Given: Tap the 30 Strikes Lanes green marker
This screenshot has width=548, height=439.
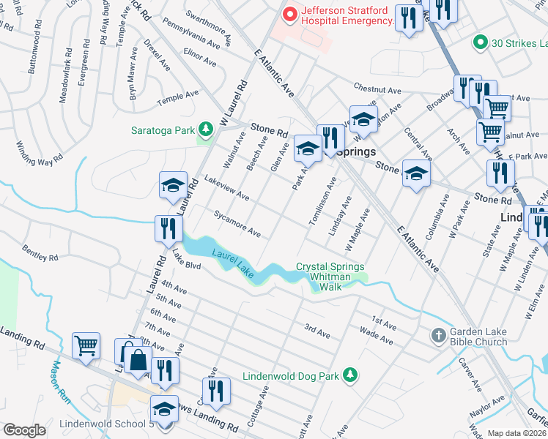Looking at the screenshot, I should pos(481,42).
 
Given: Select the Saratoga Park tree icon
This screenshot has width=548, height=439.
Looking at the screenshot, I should pos(207,130).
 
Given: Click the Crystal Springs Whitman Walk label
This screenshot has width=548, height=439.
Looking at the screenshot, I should pos(330,277).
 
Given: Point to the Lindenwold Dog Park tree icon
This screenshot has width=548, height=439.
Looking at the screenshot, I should pos(349,376).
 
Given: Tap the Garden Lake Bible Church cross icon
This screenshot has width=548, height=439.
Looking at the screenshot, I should pos(438,335).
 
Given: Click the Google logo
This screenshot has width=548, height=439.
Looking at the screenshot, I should pos(24,430).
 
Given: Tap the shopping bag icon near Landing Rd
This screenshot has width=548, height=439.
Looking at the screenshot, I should pos(137,359).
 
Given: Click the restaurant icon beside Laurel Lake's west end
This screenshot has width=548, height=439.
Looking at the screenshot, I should pos(169,228).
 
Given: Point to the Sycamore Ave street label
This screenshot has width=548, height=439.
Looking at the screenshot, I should pos(237,224).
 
